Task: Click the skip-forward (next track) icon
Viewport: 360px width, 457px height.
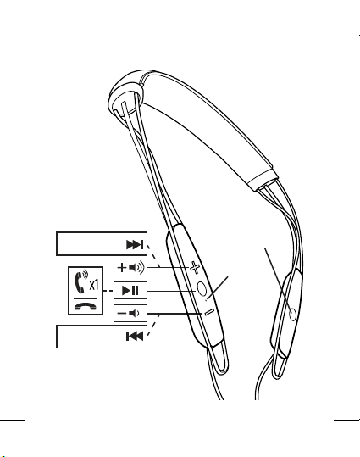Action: point(135,244)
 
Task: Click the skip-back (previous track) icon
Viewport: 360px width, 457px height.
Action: point(135,336)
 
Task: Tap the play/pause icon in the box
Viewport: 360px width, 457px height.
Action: point(130,290)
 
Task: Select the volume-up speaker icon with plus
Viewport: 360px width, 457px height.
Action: point(130,267)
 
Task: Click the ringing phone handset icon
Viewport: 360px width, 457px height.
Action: point(81,281)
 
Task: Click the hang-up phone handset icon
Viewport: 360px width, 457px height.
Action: point(86,306)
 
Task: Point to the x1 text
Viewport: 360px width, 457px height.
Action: point(94,285)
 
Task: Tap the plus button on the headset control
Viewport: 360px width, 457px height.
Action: point(195,268)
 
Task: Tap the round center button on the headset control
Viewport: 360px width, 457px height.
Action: point(202,289)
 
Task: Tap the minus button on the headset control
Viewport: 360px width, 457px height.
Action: point(209,312)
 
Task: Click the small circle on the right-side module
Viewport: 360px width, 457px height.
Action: point(293,315)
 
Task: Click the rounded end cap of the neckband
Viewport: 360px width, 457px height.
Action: point(126,93)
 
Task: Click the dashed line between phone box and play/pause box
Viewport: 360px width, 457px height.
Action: point(108,291)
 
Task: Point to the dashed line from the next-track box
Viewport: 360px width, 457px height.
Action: point(153,255)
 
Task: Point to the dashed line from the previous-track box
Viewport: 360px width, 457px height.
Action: point(153,325)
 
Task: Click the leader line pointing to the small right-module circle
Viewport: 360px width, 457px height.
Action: point(279,281)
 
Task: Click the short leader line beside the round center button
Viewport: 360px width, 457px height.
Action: point(218,288)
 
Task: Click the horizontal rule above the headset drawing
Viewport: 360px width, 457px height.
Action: point(180,70)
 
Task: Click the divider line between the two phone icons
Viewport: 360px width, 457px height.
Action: point(86,298)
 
